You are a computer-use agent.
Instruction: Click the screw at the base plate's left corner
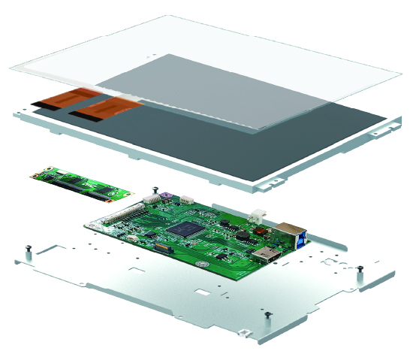point(28,249)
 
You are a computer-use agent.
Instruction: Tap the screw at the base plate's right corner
point(360,269)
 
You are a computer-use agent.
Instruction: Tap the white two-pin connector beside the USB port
point(261,214)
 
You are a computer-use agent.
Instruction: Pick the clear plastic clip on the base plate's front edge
point(243,331)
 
